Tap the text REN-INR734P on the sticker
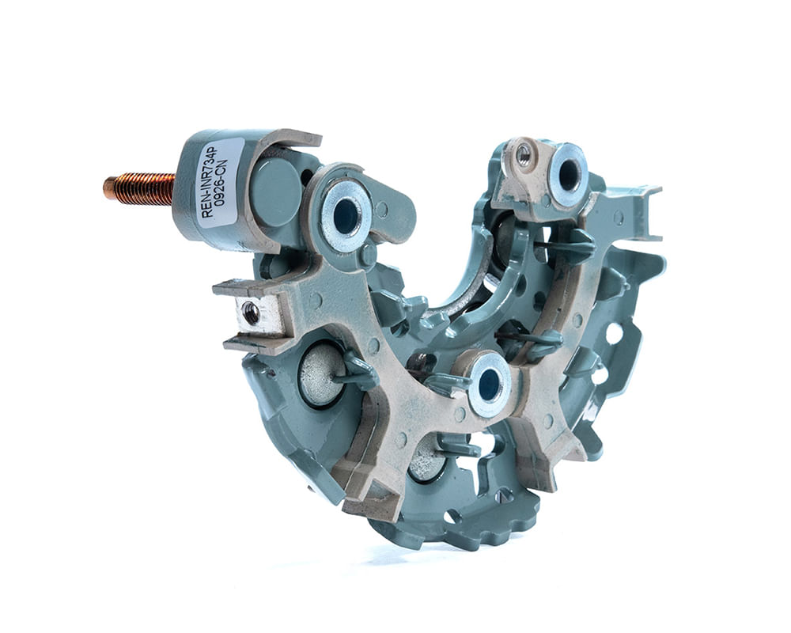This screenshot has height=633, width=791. pyautogui.click(x=209, y=182)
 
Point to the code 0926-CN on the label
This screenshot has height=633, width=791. pyautogui.click(x=224, y=184)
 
